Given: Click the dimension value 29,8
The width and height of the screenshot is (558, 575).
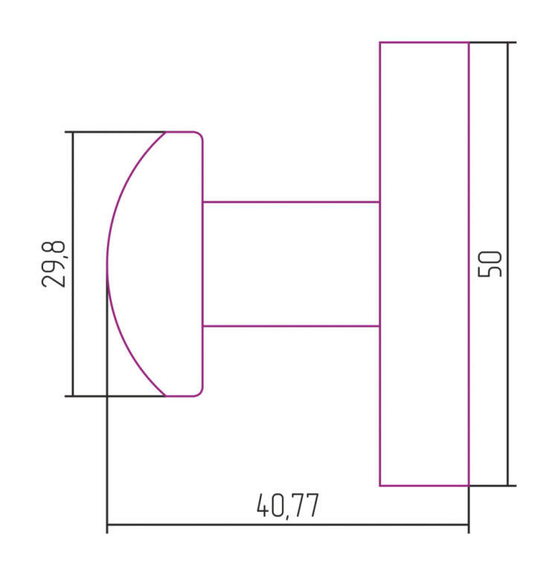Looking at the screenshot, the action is click(54, 263).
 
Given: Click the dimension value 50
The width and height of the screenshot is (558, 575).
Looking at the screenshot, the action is click(490, 263).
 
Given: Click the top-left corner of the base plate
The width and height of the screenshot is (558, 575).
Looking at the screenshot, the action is click(379, 42).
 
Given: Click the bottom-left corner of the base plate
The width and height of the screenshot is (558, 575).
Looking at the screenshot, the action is click(379, 486).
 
